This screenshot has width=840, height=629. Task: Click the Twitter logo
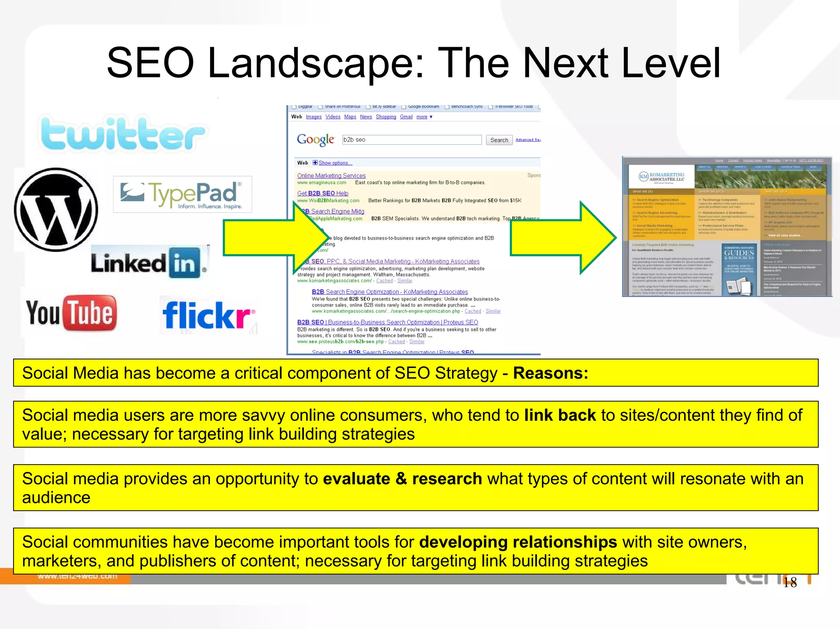coord(122,134)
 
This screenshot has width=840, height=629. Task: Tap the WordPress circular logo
coord(56,209)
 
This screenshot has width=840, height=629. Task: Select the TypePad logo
coord(182,194)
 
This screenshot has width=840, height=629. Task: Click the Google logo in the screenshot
coord(315,140)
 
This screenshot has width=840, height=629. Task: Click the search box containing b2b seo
coord(412,140)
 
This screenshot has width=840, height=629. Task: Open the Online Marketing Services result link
coord(331,175)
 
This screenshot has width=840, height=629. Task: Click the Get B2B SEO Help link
coord(323,193)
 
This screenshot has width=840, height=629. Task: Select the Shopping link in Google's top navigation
coord(386,117)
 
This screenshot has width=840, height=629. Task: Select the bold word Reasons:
coord(550,373)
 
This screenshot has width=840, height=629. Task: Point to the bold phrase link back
coord(560,415)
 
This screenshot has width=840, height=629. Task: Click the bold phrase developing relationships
coord(518,542)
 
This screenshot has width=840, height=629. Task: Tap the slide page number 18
coord(790,582)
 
